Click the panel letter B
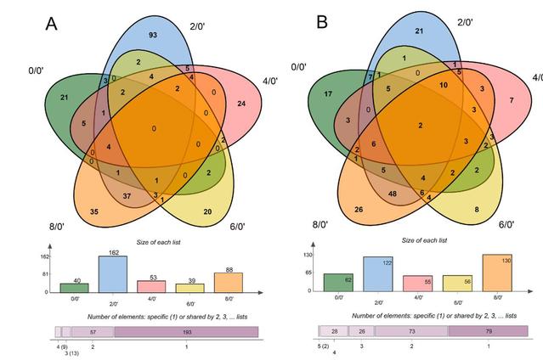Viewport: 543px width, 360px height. tap(322, 21)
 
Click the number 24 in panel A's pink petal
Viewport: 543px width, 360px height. tap(240, 104)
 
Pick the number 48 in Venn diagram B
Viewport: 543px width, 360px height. tap(393, 193)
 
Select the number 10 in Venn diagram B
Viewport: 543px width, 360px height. tap(443, 86)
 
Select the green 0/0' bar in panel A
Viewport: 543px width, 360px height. tap(68, 288)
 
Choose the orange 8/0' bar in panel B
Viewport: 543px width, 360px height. tap(496, 273)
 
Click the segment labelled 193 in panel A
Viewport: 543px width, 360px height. tap(186, 332)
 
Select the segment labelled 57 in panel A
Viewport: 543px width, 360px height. tap(92, 332)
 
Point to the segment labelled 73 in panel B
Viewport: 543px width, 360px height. tap(410, 330)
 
